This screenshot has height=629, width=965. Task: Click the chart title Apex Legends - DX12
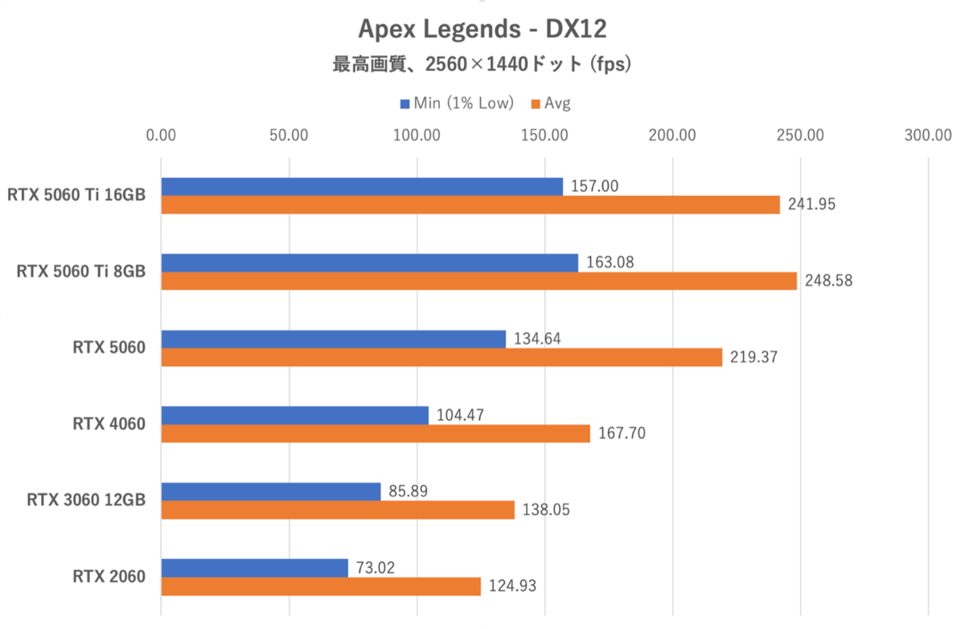pos(482,29)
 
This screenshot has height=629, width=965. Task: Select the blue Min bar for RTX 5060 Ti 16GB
pos(362,186)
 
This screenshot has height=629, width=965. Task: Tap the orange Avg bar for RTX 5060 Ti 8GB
pos(478,281)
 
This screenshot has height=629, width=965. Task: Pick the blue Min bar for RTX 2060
pos(254,568)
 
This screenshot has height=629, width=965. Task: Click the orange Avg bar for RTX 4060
pos(376,434)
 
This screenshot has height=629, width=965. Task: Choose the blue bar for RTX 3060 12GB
pos(271,492)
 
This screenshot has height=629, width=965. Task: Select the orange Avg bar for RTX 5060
pos(441,357)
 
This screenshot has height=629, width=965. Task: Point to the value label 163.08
pos(609,262)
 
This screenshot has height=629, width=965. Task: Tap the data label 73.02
pos(374,567)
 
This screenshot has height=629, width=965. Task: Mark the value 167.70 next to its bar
pos(621,434)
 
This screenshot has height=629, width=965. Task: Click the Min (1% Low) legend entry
pos(456,103)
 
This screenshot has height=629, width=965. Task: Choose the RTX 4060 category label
pos(109,423)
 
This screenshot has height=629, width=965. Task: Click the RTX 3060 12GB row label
pos(86,500)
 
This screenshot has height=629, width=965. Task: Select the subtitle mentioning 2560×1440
pos(482,65)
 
